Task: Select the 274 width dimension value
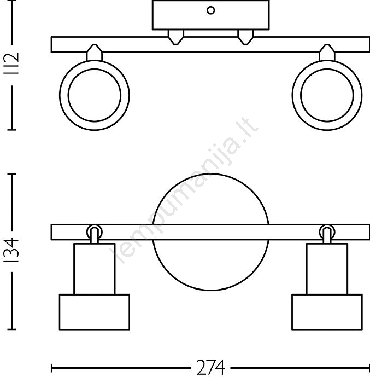click(x=210, y=368)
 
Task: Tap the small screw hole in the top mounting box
click(x=210, y=10)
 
